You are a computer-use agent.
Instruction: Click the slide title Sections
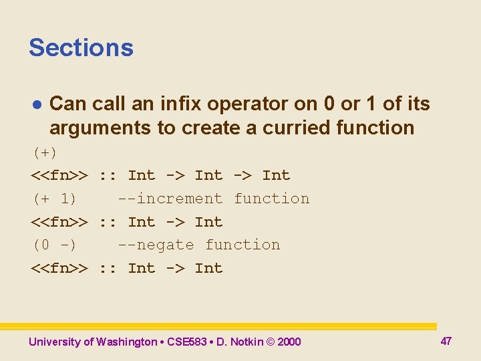click(81, 47)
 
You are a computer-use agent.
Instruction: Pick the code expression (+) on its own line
click(45, 152)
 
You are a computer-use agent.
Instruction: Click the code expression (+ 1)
click(54, 199)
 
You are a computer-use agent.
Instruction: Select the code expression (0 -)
click(54, 245)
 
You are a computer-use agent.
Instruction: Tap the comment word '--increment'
click(170, 199)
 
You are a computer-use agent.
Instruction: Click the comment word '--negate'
click(156, 245)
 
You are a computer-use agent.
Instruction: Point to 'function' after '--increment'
click(271, 199)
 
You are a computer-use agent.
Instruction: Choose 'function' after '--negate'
click(243, 245)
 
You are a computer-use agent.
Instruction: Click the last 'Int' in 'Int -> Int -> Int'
click(276, 175)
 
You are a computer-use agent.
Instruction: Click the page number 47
click(446, 341)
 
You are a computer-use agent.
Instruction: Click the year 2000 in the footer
click(289, 342)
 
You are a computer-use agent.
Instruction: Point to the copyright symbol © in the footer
click(270, 342)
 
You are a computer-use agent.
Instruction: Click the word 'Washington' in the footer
click(126, 342)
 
